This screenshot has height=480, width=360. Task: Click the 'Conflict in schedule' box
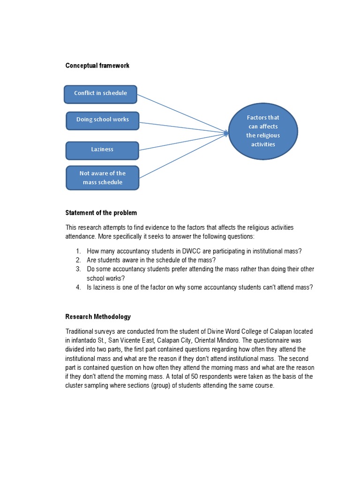click(x=100, y=94)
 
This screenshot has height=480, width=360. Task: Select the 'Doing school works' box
click(x=102, y=120)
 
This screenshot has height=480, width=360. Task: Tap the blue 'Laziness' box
click(x=102, y=150)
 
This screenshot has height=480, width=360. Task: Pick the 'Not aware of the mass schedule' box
click(x=102, y=178)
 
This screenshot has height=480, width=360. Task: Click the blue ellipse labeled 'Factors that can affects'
click(x=263, y=131)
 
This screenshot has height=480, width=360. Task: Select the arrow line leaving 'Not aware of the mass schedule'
click(x=183, y=156)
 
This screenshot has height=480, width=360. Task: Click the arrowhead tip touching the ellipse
click(x=227, y=133)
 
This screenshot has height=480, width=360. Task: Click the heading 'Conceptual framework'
click(x=97, y=66)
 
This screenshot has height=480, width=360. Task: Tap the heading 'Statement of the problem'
click(x=101, y=213)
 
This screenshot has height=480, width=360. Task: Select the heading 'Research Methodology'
click(x=98, y=317)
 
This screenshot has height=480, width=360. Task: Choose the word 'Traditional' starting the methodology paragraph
click(x=80, y=331)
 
